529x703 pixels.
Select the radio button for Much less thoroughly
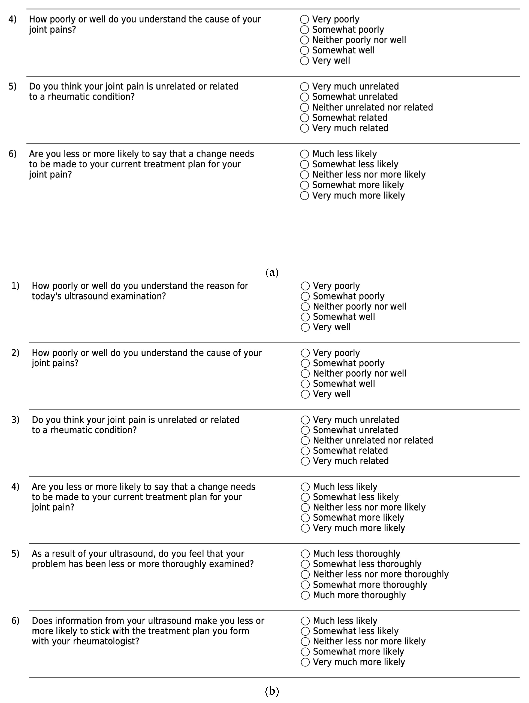pyautogui.click(x=305, y=554)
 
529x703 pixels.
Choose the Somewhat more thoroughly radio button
pyautogui.click(x=305, y=585)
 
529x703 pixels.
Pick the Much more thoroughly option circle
pyautogui.click(x=305, y=595)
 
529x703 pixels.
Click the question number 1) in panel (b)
pyautogui.click(x=15, y=286)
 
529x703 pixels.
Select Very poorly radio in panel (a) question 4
pyautogui.click(x=304, y=19)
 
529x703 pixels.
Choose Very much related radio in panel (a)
pyautogui.click(x=304, y=128)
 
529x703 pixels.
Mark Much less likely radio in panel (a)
pyautogui.click(x=304, y=154)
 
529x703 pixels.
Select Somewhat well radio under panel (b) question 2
pyautogui.click(x=305, y=384)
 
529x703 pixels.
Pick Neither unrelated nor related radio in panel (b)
pyautogui.click(x=305, y=440)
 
